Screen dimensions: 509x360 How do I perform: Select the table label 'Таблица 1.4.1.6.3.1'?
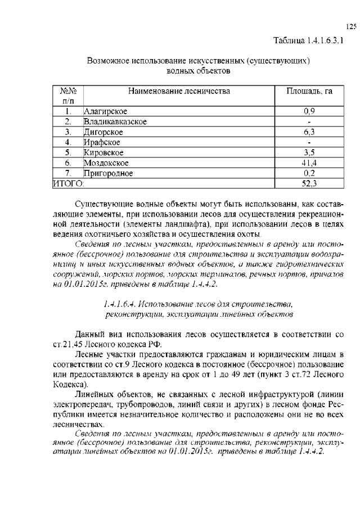[x=308, y=40]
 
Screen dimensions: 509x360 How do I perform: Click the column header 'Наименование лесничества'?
[x=179, y=91]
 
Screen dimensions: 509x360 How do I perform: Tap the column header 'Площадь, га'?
[x=309, y=91]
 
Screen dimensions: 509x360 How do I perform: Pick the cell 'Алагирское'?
[x=105, y=111]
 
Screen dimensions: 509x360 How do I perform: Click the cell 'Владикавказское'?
[x=115, y=121]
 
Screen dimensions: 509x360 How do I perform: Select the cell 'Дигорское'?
[x=103, y=132]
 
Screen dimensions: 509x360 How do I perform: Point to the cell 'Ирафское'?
[x=102, y=142]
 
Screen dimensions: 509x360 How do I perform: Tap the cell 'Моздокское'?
[x=107, y=163]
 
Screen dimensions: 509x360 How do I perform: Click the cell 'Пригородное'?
[x=109, y=173]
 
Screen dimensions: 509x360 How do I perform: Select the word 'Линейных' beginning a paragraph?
[x=93, y=395]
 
